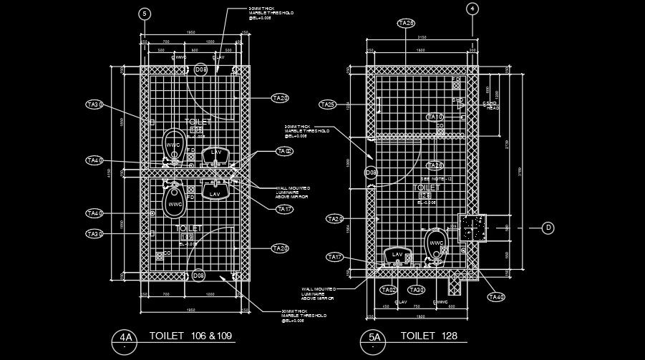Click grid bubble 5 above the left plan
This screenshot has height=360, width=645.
pos(145,14)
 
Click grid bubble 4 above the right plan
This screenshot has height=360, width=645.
pos(472,9)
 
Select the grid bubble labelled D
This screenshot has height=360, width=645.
pos(548,228)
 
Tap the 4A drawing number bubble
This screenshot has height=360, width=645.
pos(127,338)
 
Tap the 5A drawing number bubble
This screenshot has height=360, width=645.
pos(374,338)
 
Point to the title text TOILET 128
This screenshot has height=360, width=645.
pos(428,336)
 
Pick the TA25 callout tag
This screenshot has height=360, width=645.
pos(327,105)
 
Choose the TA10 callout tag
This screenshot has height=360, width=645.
pos(435,117)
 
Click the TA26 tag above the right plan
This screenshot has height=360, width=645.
pos(406,23)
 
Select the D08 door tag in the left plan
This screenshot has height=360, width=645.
pos(201,69)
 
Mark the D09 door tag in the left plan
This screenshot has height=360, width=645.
pos(200,276)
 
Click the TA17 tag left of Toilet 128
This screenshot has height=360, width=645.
pos(335,257)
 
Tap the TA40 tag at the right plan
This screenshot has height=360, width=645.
pos(496,296)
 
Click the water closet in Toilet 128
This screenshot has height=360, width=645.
pos(435,243)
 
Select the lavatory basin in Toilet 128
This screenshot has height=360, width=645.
pos(397,256)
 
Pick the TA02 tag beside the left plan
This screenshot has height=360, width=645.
pos(284,152)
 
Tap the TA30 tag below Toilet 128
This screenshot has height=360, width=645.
pos(416,290)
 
